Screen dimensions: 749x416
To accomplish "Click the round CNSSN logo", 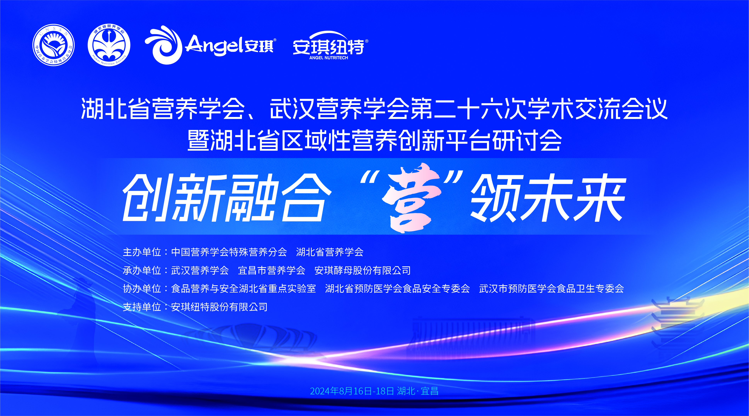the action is tap(54, 45).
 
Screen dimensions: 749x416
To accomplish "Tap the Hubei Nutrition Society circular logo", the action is tap(109, 45).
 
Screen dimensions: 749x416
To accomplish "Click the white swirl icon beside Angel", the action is tap(163, 45).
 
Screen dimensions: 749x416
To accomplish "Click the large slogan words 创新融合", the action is tap(227, 198).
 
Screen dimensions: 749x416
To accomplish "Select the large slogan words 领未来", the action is tap(548, 198).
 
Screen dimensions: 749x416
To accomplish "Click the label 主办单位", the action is tap(142, 252).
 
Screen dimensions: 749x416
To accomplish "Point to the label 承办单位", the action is tap(142, 271).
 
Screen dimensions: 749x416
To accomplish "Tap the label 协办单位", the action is tap(142, 289).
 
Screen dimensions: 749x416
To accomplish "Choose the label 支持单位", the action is tap(142, 307).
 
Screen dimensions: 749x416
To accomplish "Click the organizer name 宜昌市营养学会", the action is tap(272, 271).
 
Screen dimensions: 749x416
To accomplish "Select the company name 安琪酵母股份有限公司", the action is tap(363, 271).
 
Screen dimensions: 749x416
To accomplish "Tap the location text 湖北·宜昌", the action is tap(418, 391).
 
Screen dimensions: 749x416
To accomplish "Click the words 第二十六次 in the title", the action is tap(468, 108).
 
